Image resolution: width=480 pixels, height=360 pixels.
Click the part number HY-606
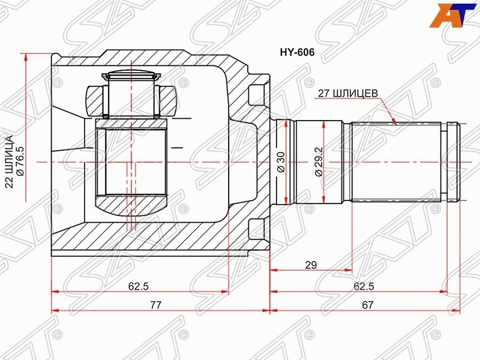(x=297, y=52)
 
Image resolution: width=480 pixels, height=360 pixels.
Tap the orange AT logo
(x=452, y=16)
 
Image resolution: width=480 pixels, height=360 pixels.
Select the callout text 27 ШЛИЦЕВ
(x=348, y=93)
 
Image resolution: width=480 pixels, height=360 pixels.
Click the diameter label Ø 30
(x=280, y=162)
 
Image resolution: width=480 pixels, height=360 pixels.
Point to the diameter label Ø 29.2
(x=319, y=162)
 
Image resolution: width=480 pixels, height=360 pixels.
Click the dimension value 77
(x=155, y=305)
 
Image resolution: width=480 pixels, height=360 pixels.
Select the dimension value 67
(x=367, y=305)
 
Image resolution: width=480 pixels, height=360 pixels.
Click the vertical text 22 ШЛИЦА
(x=9, y=161)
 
